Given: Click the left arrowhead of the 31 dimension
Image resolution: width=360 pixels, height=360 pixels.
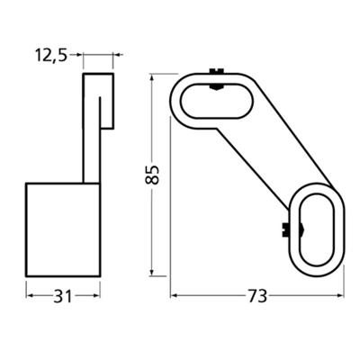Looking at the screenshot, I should point(29,294).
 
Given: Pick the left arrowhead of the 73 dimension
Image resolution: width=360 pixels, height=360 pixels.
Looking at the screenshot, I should point(174,294).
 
